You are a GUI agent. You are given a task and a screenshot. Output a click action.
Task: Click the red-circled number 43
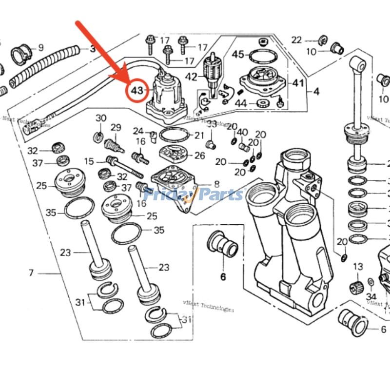point(137,90)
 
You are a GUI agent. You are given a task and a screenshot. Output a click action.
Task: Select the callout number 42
point(192,77)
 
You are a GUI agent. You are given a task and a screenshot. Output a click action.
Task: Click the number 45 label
point(237,55)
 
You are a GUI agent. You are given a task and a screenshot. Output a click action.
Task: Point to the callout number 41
point(298,83)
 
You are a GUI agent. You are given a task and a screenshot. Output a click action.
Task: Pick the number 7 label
point(31,273)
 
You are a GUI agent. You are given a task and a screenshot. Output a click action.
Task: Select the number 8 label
point(216,185)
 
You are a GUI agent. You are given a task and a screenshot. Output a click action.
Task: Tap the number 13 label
point(358,267)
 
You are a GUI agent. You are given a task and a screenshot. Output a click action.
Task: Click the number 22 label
point(297,40)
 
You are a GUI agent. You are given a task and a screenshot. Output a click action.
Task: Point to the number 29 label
point(116,127)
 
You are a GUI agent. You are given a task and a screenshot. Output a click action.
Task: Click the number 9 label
point(40,47)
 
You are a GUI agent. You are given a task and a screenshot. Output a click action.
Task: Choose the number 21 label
point(199,135)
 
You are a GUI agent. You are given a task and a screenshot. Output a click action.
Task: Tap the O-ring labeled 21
point(173,135)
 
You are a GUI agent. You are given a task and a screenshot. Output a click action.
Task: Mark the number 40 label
point(242,132)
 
